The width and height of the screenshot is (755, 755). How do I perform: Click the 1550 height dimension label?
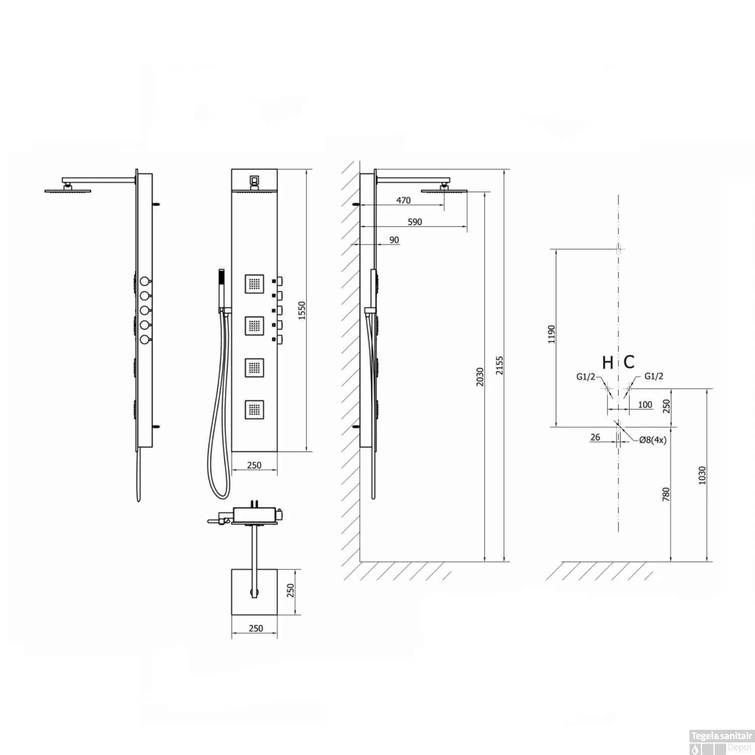(x=301, y=311)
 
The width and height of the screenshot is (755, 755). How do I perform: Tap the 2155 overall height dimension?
(x=499, y=366)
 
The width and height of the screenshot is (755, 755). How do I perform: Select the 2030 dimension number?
(x=480, y=377)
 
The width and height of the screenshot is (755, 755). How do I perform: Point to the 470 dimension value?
(x=404, y=200)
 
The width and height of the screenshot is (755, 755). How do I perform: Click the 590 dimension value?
(x=415, y=222)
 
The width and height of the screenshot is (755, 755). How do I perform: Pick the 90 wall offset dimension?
(x=394, y=240)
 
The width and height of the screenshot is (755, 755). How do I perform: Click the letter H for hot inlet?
(x=608, y=362)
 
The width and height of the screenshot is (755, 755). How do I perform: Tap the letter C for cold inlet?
(x=629, y=362)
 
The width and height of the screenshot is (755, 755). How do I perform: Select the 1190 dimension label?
(x=552, y=334)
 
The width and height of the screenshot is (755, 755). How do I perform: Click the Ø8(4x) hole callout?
(x=653, y=440)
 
